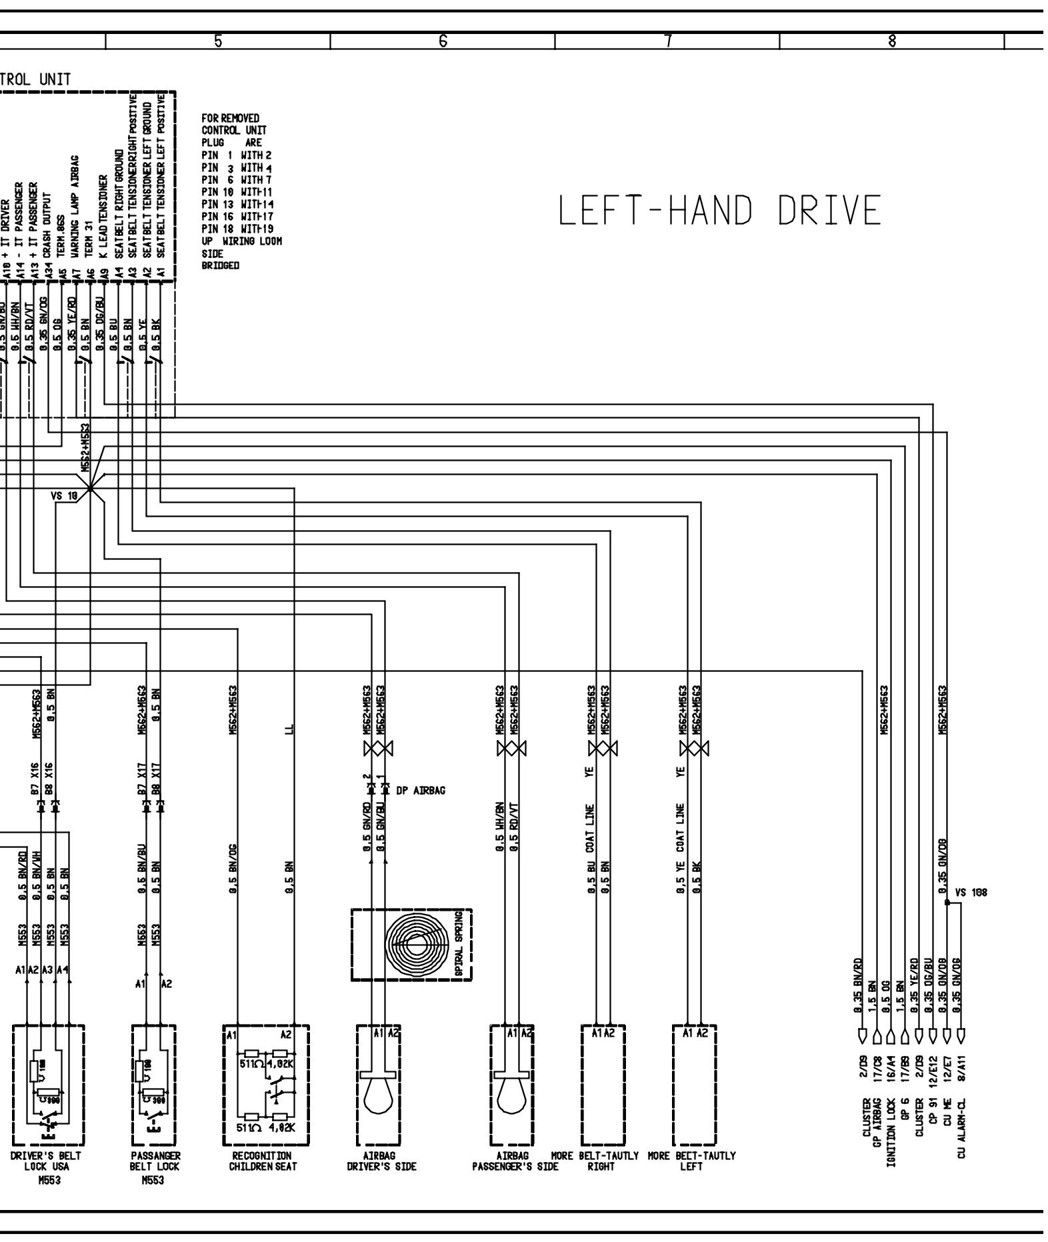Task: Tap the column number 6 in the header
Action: pos(443,41)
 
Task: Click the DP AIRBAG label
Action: pos(421,791)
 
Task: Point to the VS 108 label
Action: pos(971,893)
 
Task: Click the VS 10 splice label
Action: pos(64,496)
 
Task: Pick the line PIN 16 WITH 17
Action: pos(237,217)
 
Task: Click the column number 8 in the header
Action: pos(891,41)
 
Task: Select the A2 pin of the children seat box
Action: pos(286,1035)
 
